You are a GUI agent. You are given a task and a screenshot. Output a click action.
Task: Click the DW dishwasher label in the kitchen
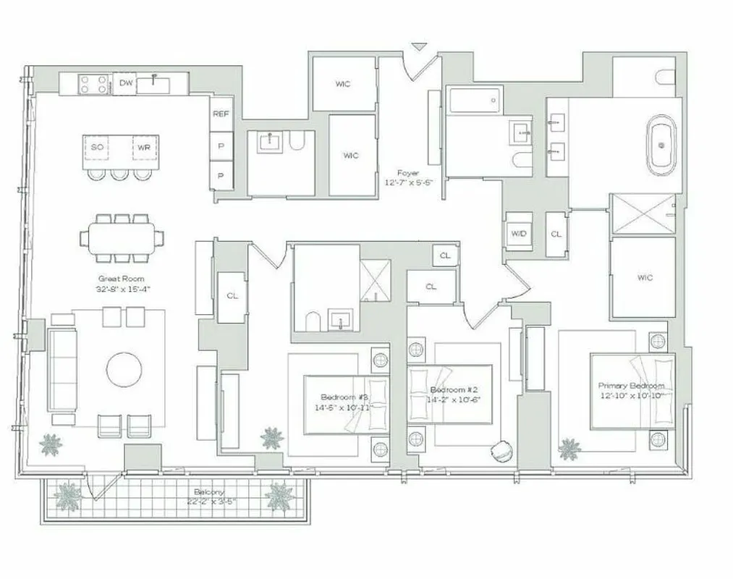coord(126,83)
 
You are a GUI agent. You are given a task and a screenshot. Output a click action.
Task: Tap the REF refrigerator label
coord(221,114)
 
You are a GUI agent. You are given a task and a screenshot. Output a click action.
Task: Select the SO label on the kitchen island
coord(98,147)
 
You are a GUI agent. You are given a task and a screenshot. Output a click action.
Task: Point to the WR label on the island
coord(142,147)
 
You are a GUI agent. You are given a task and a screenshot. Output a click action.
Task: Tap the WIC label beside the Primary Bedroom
coord(645,277)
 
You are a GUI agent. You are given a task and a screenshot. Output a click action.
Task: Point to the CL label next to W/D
coord(556,234)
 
